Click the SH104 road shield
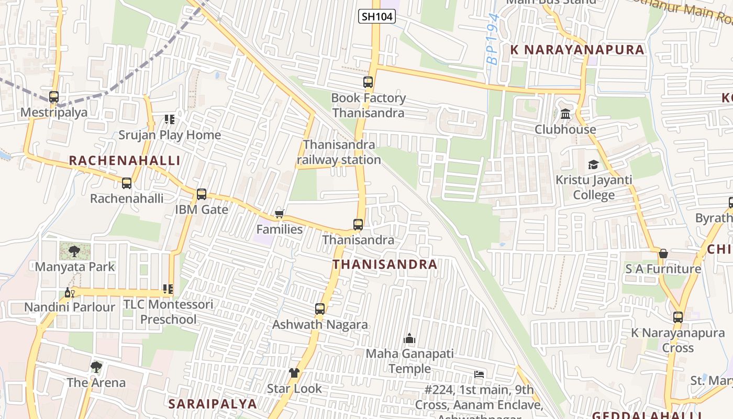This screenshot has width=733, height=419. (377, 17)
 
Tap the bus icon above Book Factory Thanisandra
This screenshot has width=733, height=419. (368, 82)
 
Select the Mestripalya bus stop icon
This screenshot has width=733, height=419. (54, 97)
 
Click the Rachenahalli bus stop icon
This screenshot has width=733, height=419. (127, 183)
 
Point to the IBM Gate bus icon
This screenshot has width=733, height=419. (202, 194)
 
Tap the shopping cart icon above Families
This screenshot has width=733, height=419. (280, 214)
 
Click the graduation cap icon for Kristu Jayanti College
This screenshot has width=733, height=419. (593, 165)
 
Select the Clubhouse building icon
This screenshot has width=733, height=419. (565, 114)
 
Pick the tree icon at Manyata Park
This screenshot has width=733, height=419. (74, 251)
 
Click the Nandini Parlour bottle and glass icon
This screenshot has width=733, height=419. (69, 292)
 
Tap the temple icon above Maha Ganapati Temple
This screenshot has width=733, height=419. (409, 339)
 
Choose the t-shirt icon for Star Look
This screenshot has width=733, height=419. (294, 373)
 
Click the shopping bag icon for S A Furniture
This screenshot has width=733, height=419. (663, 253)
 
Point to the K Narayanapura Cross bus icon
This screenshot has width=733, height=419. (678, 317)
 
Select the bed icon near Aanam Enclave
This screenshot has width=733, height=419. (479, 374)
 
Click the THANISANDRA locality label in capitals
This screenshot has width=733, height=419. (385, 264)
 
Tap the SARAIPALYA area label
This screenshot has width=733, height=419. (213, 404)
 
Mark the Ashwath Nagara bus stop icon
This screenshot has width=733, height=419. (320, 309)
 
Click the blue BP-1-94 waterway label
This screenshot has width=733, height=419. (493, 39)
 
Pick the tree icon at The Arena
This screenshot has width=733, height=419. (96, 367)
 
